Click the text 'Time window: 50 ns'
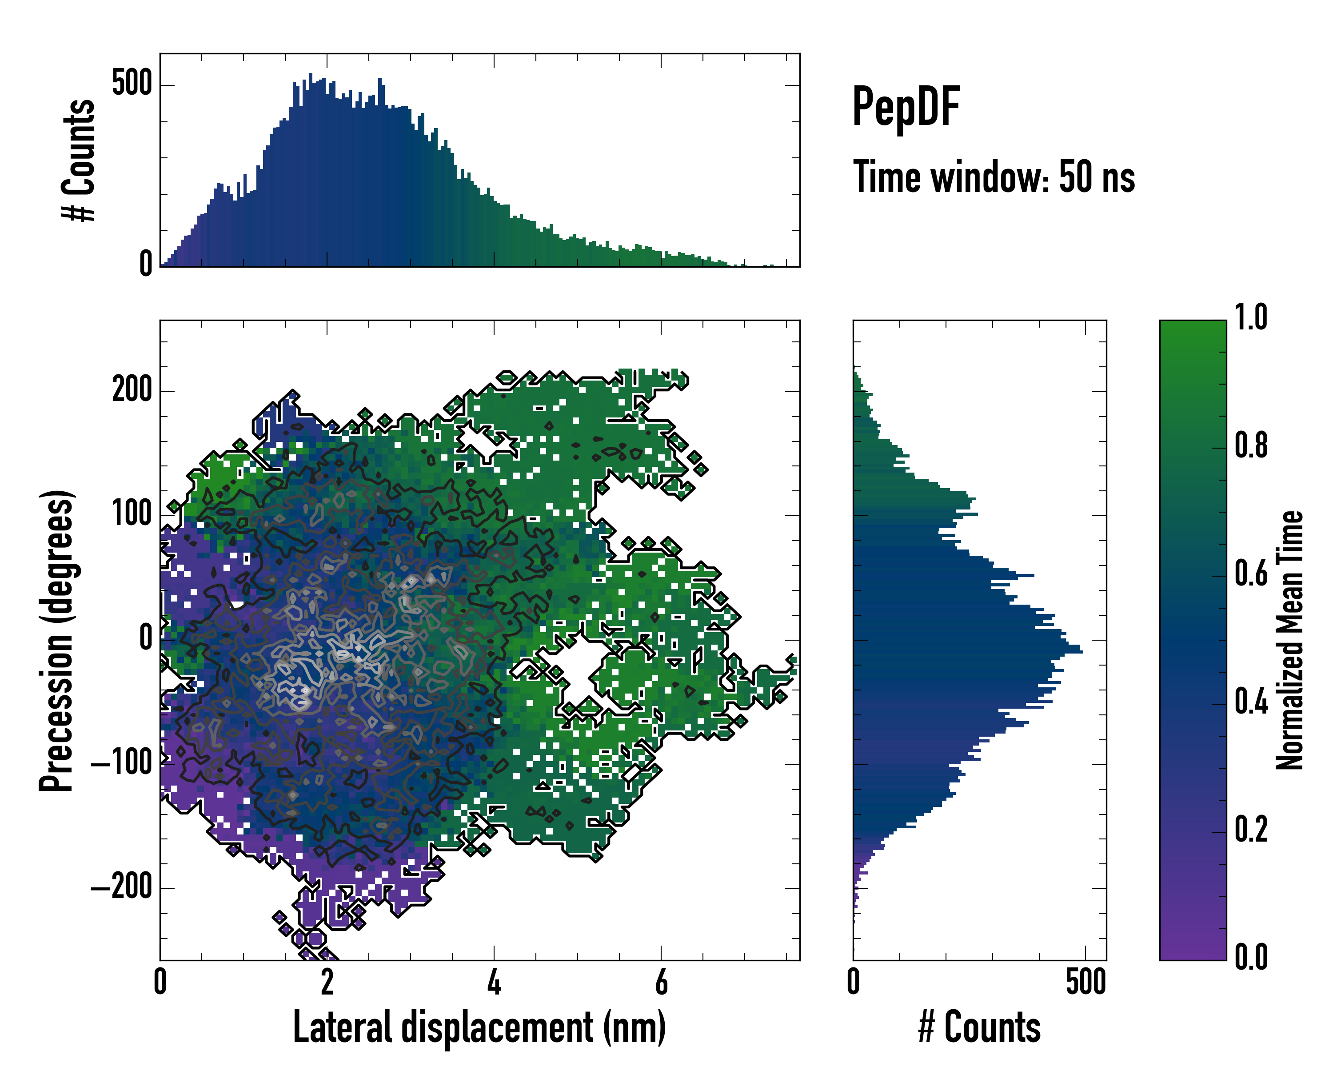pos(994,177)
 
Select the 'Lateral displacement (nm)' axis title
pos(479,1027)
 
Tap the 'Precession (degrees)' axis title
pos(57,640)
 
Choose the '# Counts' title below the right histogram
pos(979,1027)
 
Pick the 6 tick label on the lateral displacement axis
pos(661,982)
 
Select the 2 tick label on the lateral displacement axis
pos(327,982)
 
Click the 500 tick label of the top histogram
pos(132,84)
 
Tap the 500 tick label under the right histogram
pos(1086,982)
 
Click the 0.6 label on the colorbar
pos(1251,574)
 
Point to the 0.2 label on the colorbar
pos(1251,830)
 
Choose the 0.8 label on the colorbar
pos(1251,445)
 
